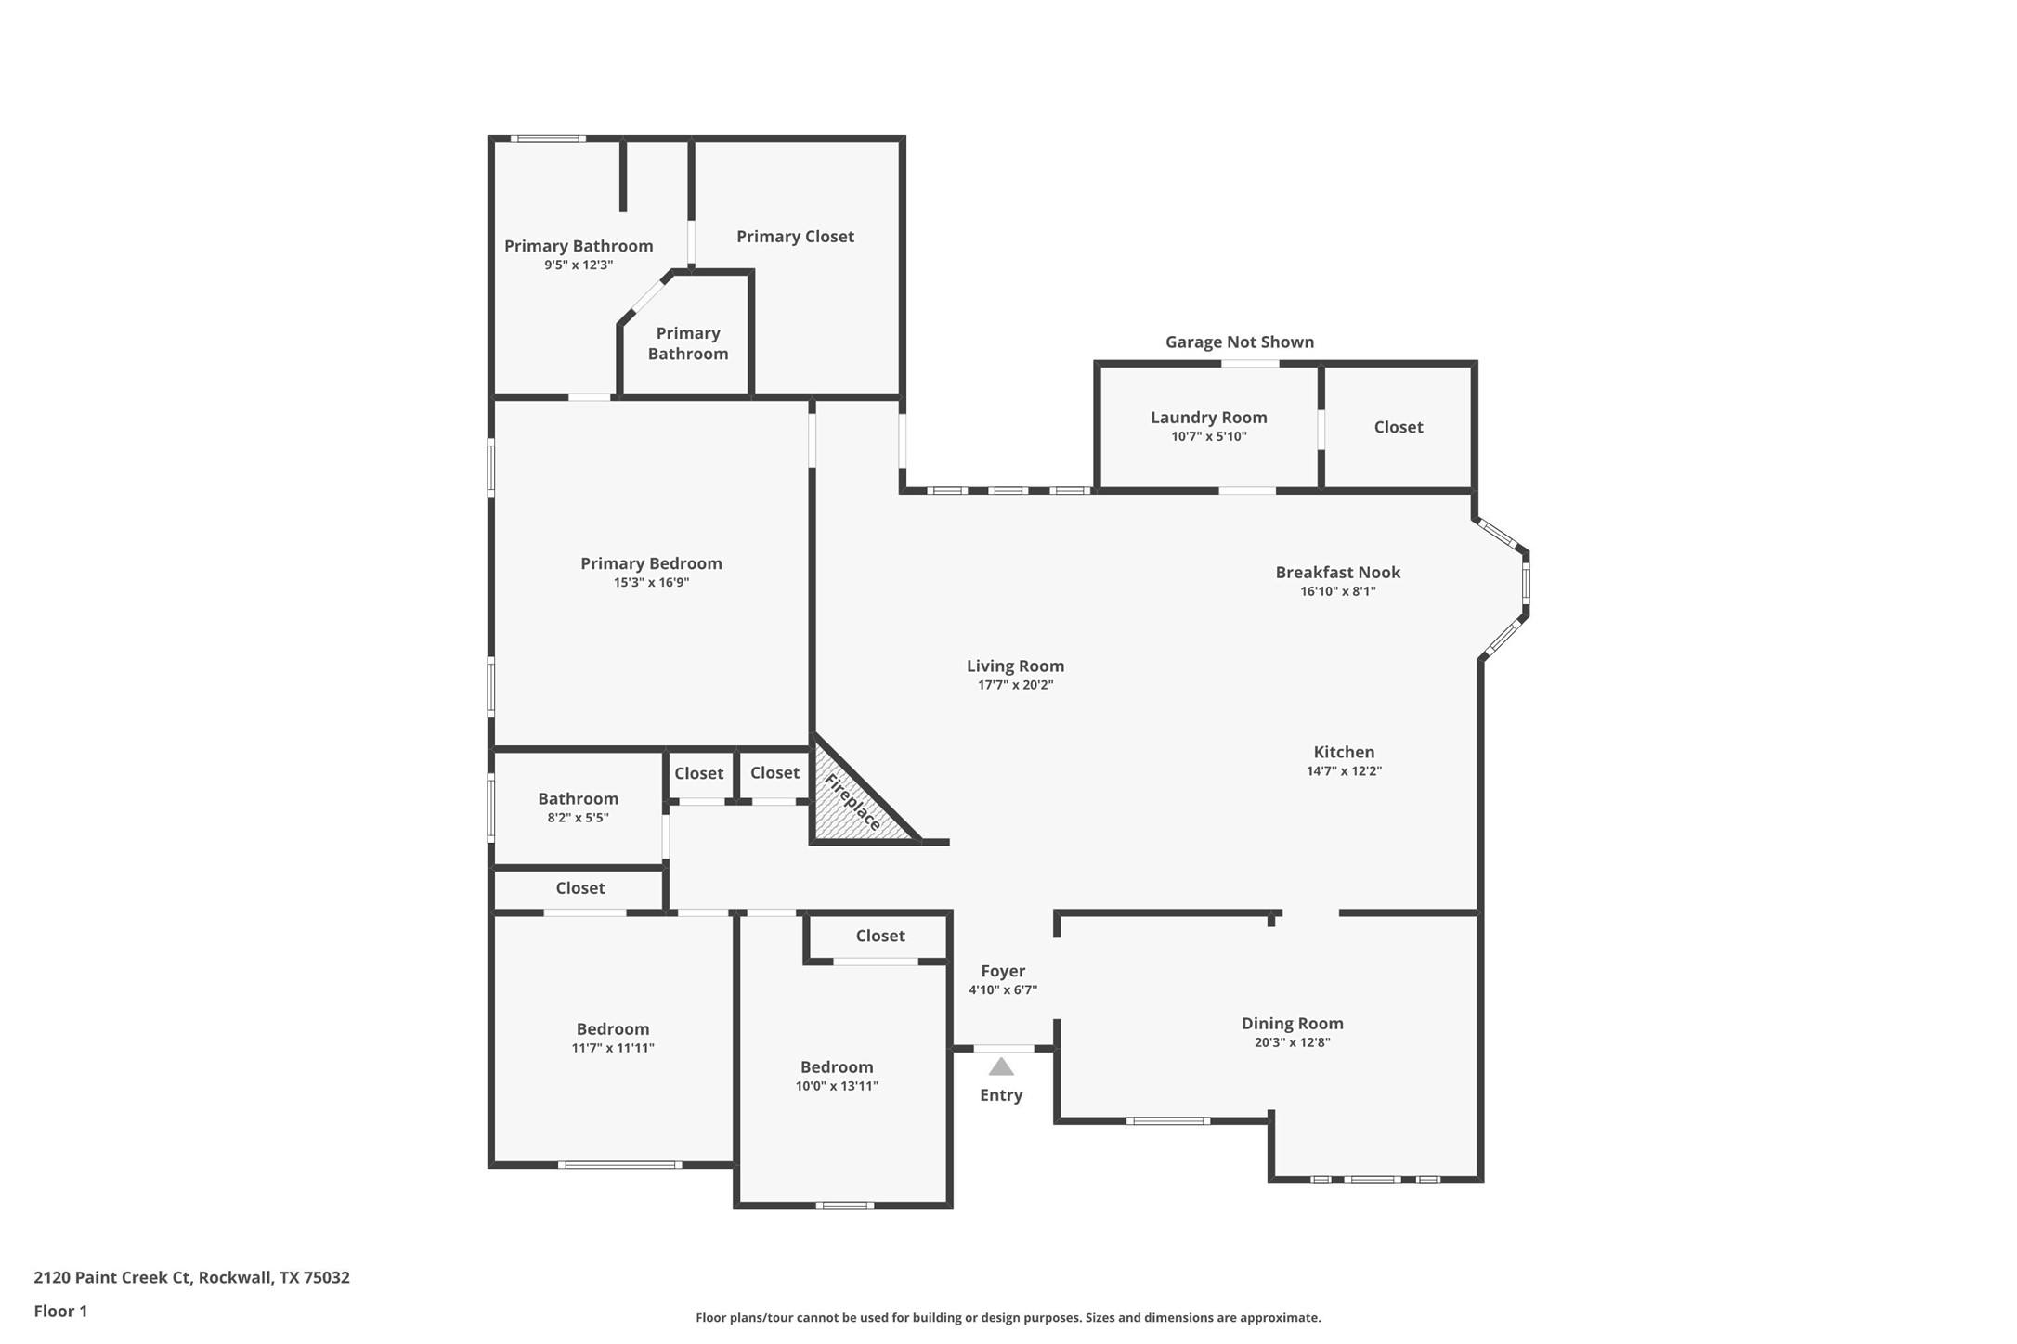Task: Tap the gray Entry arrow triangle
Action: (1001, 1067)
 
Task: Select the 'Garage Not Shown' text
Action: (1240, 342)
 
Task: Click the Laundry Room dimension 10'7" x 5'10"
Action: (1208, 436)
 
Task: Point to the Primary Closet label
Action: (795, 237)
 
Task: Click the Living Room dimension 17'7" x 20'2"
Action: (1015, 685)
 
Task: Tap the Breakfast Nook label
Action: (1337, 573)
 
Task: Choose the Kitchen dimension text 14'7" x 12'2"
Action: (1344, 770)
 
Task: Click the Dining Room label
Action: (1292, 1023)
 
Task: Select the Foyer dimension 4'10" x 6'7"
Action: (1003, 989)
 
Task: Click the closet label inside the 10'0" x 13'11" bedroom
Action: (879, 936)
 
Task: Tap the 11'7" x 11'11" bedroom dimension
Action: (613, 1048)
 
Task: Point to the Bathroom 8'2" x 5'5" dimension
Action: (578, 818)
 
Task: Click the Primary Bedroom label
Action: (651, 563)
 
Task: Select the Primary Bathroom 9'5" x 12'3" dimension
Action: (579, 265)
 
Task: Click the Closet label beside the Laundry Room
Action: (1398, 427)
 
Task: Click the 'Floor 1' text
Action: (60, 1312)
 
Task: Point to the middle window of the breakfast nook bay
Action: (1526, 584)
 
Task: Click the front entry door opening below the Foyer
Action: (1004, 1049)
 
